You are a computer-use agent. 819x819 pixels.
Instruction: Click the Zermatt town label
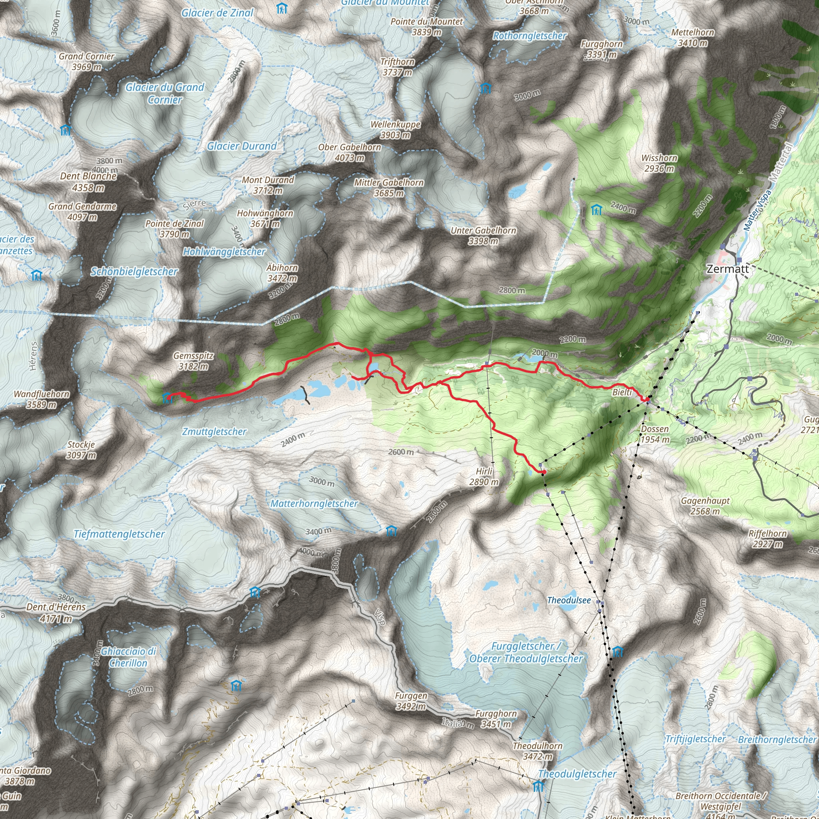pos(727,269)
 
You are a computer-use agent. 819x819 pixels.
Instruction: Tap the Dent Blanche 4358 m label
pos(88,182)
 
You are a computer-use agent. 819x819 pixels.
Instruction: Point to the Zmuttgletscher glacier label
pos(214,431)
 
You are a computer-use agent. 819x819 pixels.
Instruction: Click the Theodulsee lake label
pos(569,600)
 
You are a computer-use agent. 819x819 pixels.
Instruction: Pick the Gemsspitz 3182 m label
pos(193,361)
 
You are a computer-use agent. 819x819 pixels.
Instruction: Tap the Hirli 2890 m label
pos(484,476)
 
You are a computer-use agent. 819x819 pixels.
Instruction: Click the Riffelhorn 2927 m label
pos(767,538)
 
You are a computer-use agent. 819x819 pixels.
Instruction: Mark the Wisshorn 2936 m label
pos(659,163)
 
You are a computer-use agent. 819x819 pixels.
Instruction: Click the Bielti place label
pos(622,392)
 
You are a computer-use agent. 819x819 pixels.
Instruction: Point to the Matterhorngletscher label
pos(314,503)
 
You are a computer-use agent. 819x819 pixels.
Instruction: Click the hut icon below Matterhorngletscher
pos(391,531)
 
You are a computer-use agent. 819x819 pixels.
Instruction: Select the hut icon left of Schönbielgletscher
pos(37,276)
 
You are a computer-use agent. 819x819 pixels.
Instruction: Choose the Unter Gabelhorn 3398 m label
pos(483,236)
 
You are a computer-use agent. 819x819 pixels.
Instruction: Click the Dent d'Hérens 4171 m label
pos(56,613)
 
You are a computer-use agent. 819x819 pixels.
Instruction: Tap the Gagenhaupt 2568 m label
pos(705,506)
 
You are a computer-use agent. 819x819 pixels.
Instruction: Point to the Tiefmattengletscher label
pos(119,534)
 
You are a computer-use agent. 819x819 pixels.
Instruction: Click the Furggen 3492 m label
pos(411,701)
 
